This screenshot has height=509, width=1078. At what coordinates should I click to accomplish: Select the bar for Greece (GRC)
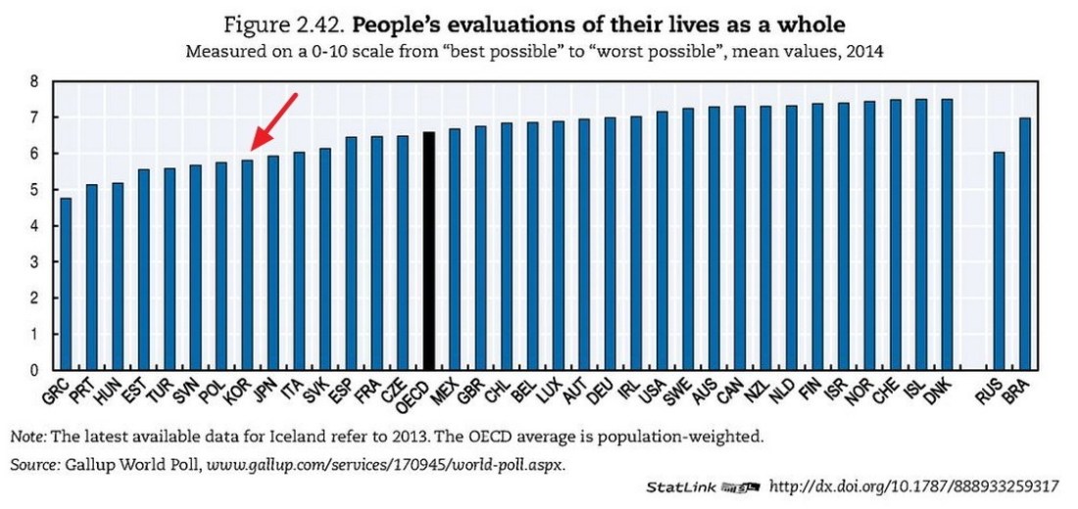[x=66, y=284]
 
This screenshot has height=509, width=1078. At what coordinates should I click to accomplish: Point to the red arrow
[x=274, y=122]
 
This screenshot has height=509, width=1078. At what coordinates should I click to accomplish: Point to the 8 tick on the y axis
[x=35, y=82]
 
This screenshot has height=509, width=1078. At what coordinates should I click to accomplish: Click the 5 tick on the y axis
[x=35, y=190]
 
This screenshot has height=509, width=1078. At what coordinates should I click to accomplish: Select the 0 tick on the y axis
[x=35, y=370]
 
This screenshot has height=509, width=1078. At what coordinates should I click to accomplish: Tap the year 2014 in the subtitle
[x=866, y=52]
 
